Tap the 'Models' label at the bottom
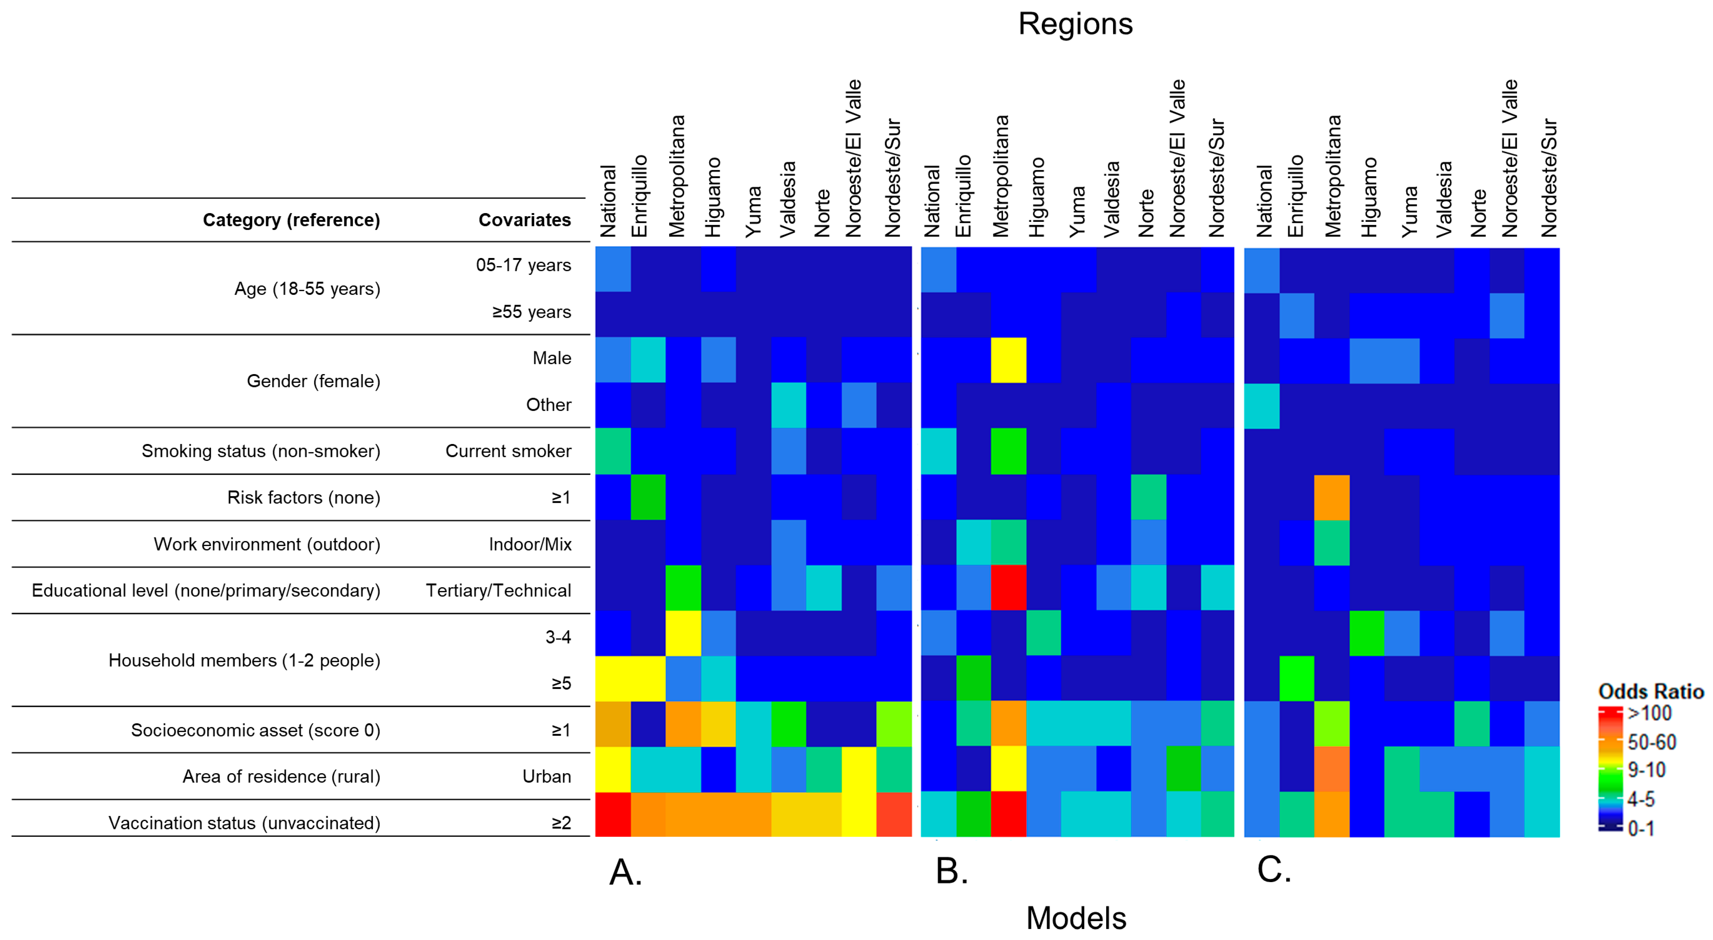1075,918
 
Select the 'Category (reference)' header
291,220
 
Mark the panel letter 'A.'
625,872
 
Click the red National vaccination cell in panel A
612,814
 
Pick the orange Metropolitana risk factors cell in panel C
1332,497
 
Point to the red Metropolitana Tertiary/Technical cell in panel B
1008,588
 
